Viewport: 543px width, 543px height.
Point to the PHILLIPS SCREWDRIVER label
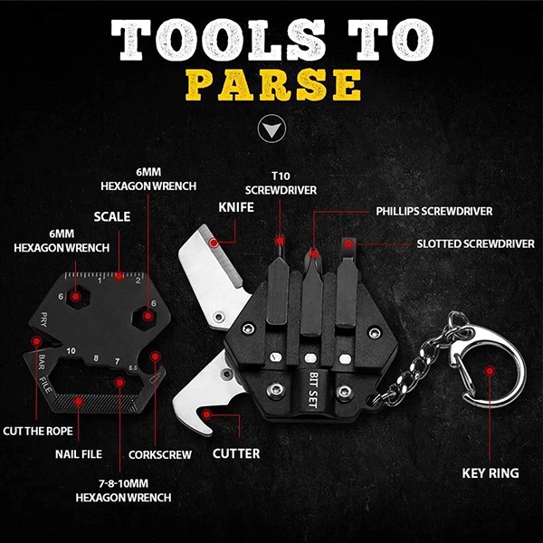(433, 211)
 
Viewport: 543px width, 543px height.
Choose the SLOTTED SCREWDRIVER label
(472, 243)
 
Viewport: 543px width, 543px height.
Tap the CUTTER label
(238, 452)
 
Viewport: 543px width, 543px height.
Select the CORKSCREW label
(161, 454)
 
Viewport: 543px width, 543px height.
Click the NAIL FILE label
(79, 454)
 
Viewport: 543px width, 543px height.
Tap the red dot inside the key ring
(490, 370)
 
